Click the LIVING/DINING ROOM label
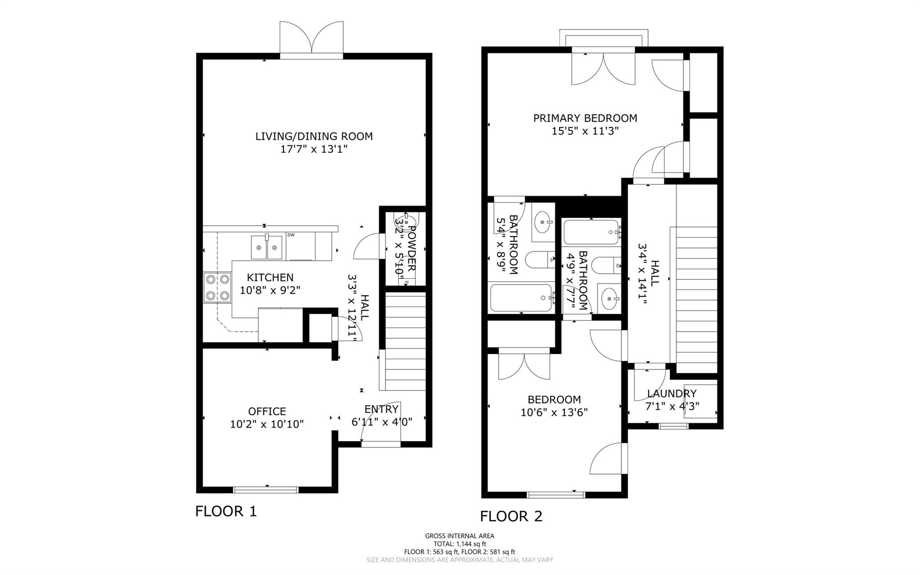point(314,136)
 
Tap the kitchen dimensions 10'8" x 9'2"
point(270,290)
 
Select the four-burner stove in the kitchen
point(217,287)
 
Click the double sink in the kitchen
point(267,247)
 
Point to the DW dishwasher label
point(291,235)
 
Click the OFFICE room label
point(267,411)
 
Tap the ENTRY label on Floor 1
point(381,409)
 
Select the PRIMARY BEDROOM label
point(585,118)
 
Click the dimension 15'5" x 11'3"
point(585,131)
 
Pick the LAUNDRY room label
point(672,394)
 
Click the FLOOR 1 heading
point(226,511)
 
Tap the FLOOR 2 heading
point(511,516)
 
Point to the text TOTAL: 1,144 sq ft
point(460,544)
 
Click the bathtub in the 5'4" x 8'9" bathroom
point(522,298)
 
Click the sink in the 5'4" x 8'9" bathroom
point(544,222)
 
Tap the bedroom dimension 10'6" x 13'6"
point(554,412)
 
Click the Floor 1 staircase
point(405,342)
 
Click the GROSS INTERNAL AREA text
point(460,536)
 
